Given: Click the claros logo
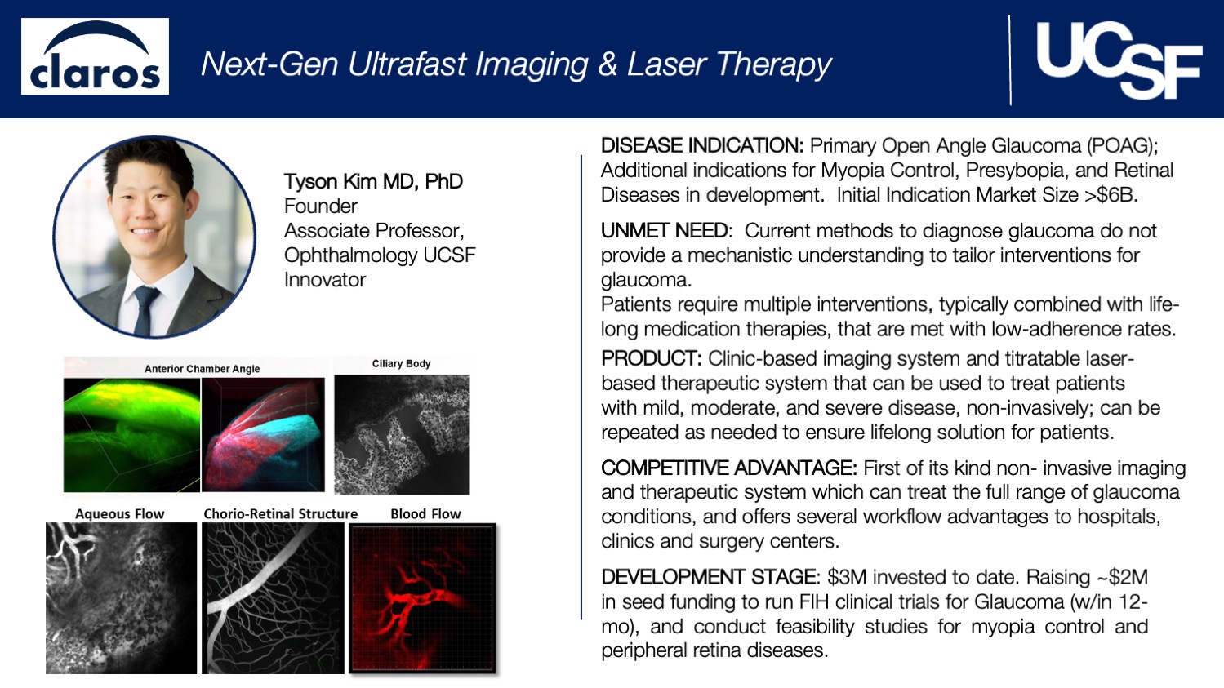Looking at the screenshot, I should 95,57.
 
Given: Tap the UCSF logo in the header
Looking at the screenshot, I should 1118,60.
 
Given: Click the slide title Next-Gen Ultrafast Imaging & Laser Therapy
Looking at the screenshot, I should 515,64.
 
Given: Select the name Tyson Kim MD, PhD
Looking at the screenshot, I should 373,181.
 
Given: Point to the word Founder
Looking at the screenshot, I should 320,206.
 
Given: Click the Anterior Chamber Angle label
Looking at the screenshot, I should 202,369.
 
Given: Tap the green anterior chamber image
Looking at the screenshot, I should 131,435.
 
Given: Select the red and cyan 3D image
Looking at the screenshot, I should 263,435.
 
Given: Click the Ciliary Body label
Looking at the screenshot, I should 401,364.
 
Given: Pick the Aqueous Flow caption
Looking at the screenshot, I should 119,514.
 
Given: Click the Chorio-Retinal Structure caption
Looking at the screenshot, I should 280,514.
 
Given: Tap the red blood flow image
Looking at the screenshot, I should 423,599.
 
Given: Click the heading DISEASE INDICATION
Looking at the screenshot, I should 702,146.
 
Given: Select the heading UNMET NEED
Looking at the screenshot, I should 665,231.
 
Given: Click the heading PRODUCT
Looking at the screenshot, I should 651,358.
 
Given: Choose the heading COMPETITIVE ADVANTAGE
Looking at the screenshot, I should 728,468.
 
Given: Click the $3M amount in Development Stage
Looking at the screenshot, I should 846,577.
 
